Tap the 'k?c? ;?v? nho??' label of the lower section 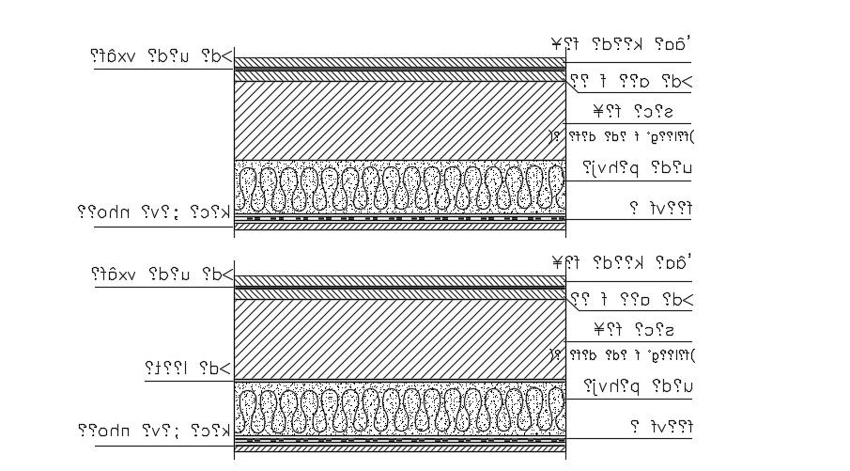coord(154,431)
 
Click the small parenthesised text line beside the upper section coord(620,135)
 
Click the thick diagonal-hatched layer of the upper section coord(399,120)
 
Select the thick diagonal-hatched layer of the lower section coord(399,338)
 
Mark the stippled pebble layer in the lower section coord(399,406)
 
